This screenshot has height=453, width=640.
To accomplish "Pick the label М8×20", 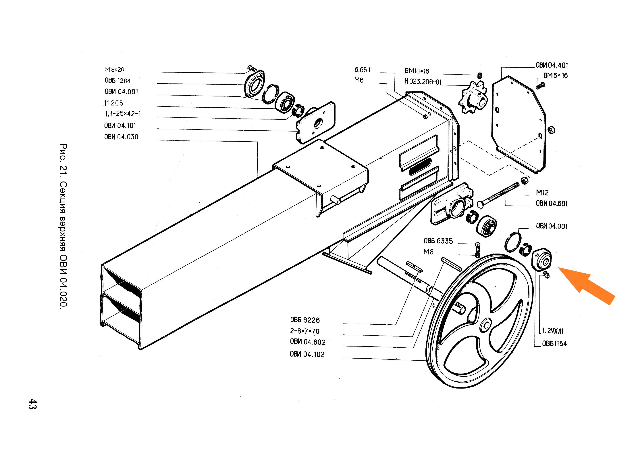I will pos(114,69).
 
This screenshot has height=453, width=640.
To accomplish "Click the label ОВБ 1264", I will pos(117,81).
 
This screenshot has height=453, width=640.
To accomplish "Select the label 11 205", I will pos(113,103).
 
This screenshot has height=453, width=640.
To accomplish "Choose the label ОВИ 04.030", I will pos(121,137).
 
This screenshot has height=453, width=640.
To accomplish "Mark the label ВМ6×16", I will pos(555,76).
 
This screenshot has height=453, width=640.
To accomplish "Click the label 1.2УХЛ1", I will pos(553,331).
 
